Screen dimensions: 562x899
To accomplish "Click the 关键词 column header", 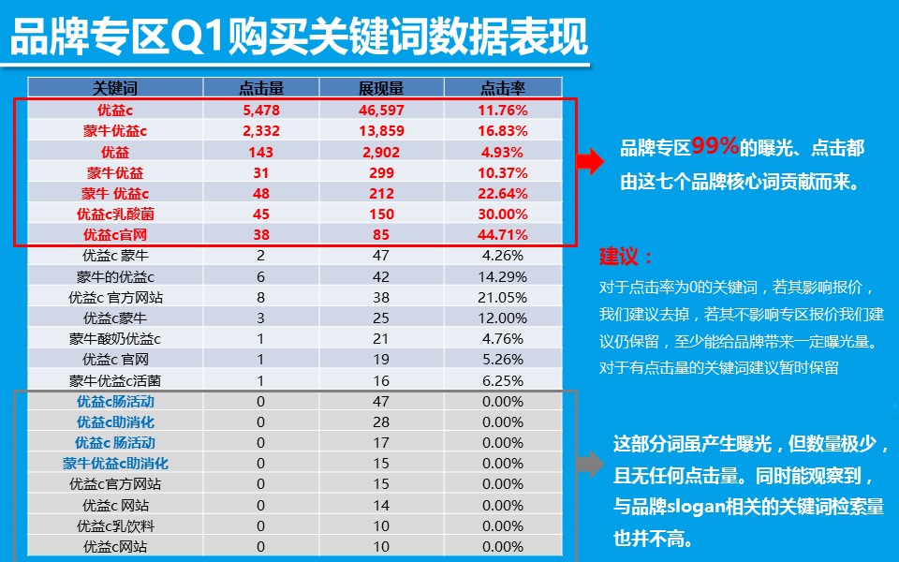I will click(x=115, y=88).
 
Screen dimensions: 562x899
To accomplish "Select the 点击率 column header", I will click(x=503, y=88).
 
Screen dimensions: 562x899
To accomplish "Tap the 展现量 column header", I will click(x=381, y=88).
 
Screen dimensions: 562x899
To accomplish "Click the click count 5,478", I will click(x=261, y=110).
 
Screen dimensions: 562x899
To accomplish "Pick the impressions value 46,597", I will click(x=381, y=110).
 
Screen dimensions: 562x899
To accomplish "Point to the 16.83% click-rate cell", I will click(x=503, y=130).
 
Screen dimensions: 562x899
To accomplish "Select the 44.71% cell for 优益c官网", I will click(x=503, y=234).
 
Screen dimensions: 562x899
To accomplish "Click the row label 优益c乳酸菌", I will click(x=115, y=214).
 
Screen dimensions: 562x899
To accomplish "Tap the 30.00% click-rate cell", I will click(x=503, y=214).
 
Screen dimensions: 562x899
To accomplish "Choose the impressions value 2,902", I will click(x=381, y=152).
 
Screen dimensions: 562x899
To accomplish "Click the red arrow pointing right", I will click(x=589, y=161).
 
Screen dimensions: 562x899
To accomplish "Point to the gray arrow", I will click(x=589, y=462).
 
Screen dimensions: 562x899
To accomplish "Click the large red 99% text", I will click(x=715, y=145).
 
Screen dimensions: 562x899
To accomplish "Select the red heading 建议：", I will click(x=626, y=258).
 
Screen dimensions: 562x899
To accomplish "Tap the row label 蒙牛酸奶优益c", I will click(x=115, y=338).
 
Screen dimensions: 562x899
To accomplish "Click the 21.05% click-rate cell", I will click(x=503, y=297).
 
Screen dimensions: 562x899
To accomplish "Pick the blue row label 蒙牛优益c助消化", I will click(x=115, y=463).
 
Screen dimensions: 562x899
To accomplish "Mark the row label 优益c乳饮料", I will click(x=115, y=525).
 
